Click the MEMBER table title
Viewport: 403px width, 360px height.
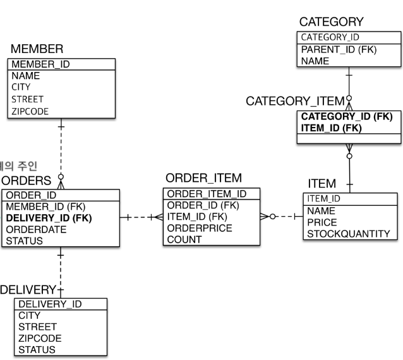(36, 49)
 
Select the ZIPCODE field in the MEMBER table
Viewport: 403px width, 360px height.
(30, 111)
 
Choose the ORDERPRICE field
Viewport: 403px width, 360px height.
(200, 228)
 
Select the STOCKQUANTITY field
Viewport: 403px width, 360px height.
(348, 234)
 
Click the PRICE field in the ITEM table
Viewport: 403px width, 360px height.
(322, 222)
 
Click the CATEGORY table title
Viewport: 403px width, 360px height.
(331, 23)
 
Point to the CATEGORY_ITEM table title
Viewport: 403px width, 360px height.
(295, 101)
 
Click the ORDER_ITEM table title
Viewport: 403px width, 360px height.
(203, 178)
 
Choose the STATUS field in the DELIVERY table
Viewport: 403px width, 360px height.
(37, 349)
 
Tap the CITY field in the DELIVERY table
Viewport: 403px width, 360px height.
(29, 315)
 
